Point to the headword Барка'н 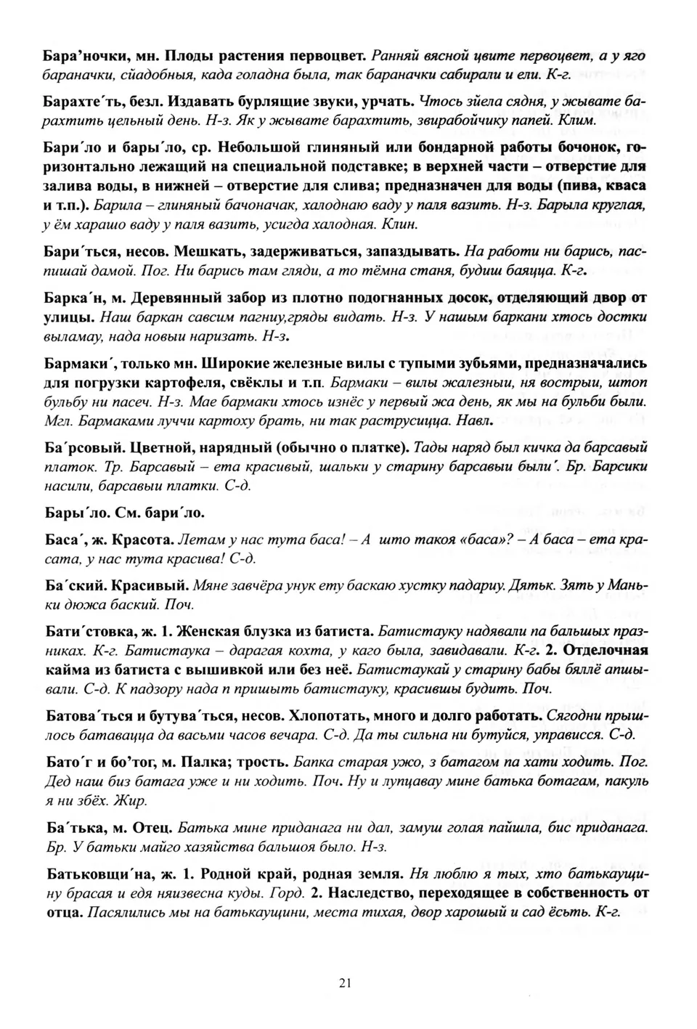(x=76, y=298)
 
